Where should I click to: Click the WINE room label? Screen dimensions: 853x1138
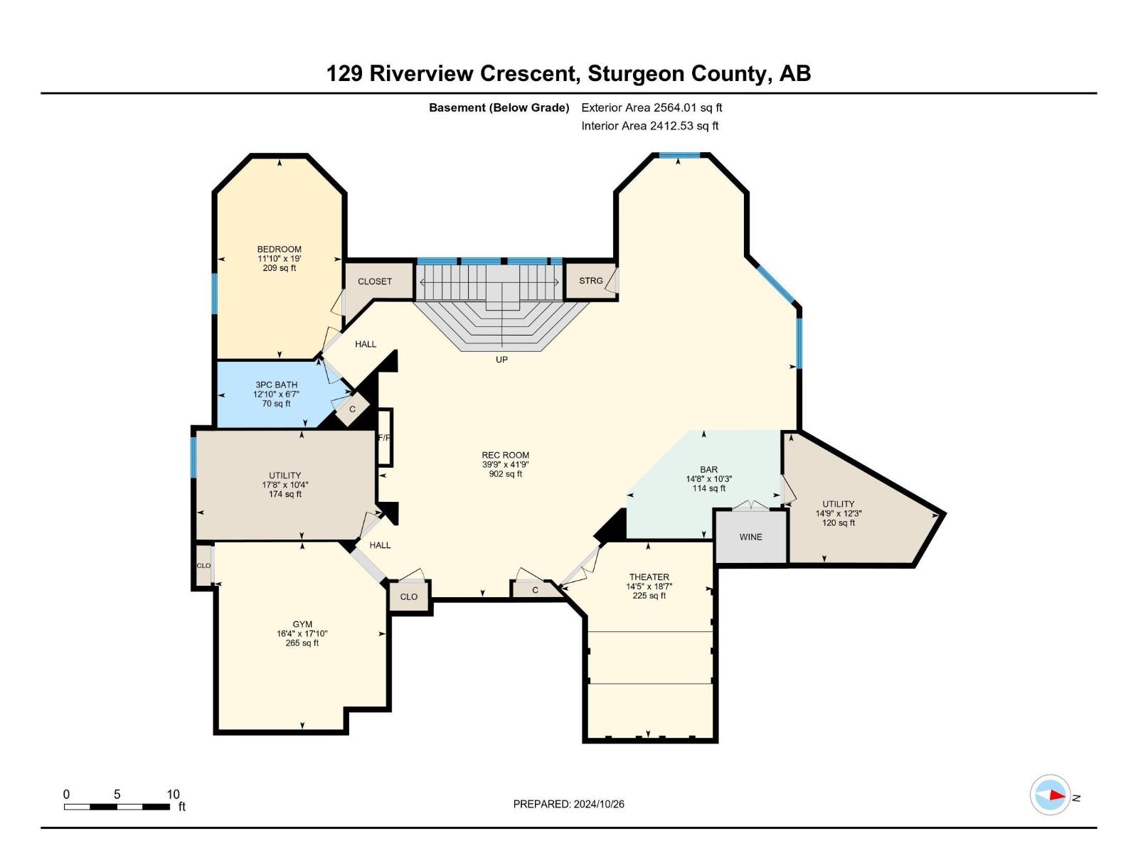[750, 537]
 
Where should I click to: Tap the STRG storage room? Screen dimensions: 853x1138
[590, 281]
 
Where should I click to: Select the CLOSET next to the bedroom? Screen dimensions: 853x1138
[375, 281]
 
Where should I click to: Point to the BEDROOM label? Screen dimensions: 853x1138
[279, 250]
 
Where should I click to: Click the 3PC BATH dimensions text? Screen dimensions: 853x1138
[276, 394]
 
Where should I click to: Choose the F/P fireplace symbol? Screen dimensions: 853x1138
[384, 437]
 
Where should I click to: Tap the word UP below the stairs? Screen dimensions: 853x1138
[501, 360]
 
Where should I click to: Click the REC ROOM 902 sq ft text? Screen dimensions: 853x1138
[505, 474]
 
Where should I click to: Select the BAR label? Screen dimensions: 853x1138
[708, 470]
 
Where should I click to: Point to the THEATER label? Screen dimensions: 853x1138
[649, 577]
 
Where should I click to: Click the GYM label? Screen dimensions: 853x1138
[302, 624]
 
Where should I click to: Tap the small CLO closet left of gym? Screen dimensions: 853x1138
[203, 566]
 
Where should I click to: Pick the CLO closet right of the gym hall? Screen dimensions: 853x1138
[409, 597]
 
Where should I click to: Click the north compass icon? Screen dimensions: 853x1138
[1051, 795]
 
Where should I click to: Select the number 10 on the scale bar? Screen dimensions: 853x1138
[173, 794]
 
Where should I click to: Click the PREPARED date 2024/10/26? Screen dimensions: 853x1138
[598, 804]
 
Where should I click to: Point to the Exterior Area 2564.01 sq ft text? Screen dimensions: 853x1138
[652, 108]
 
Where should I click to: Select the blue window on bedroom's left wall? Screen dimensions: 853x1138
[214, 293]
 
